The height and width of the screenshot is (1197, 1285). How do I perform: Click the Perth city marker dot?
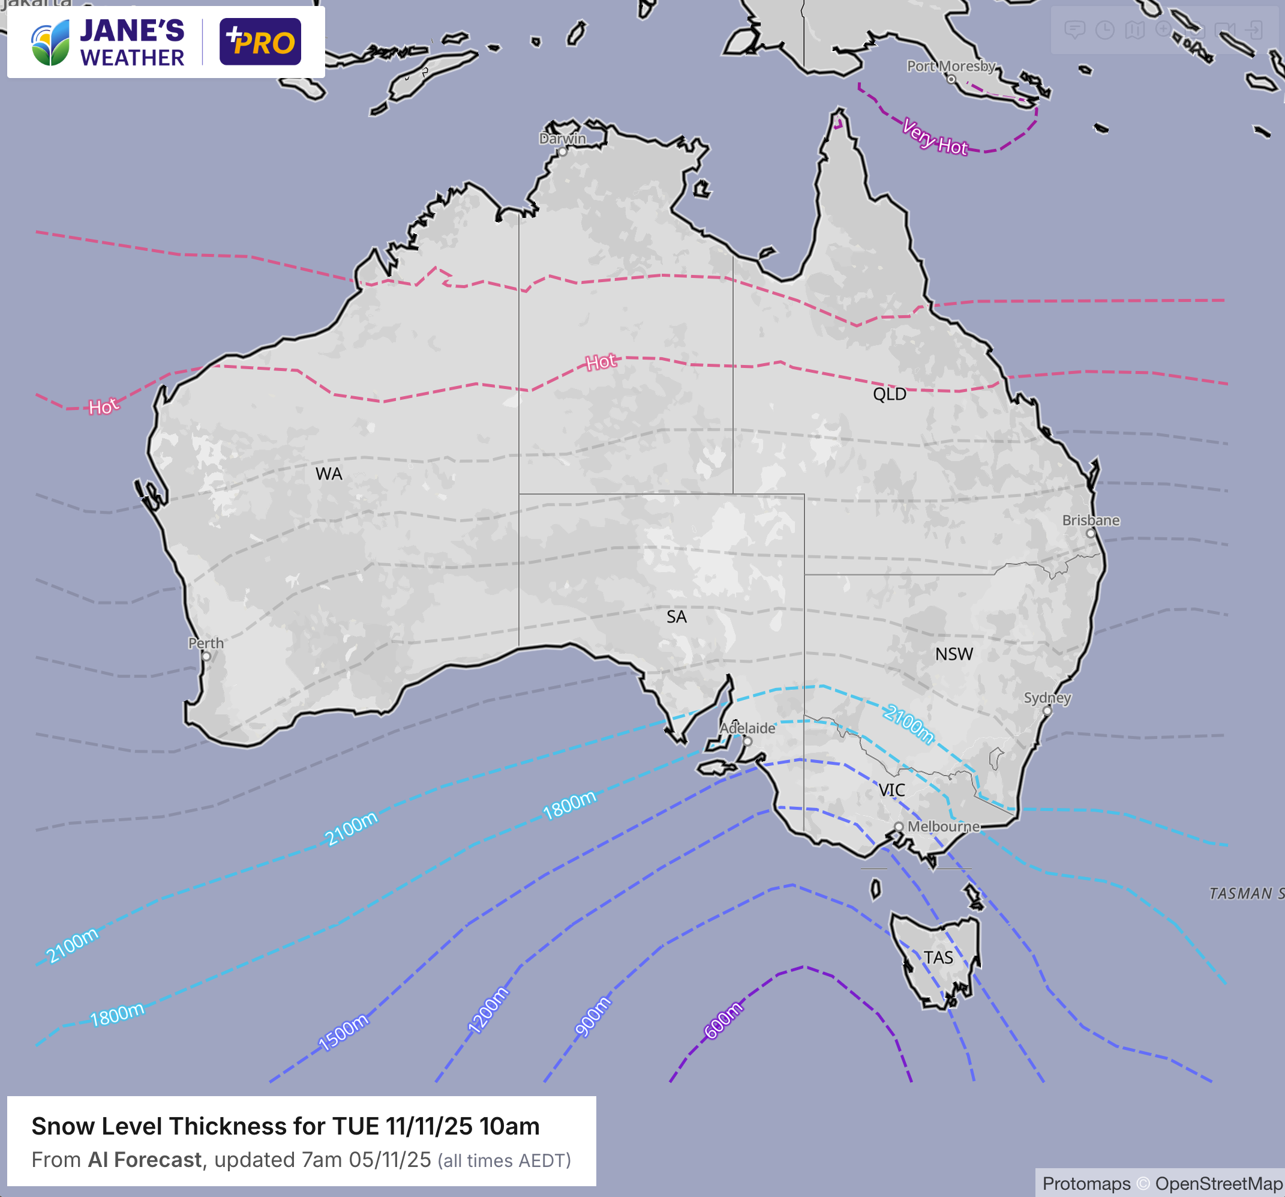pyautogui.click(x=206, y=656)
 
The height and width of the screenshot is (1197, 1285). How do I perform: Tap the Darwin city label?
pyautogui.click(x=562, y=139)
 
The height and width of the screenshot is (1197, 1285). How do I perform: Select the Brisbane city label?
pyautogui.click(x=1091, y=520)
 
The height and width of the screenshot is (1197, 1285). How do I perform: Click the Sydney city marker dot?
pyautogui.click(x=1047, y=711)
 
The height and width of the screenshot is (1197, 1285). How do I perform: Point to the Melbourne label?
pyautogui.click(x=943, y=827)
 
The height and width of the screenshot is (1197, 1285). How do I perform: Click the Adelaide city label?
pyautogui.click(x=747, y=728)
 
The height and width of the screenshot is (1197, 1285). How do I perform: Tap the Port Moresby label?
pyautogui.click(x=950, y=66)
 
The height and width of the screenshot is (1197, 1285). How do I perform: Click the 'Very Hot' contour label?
pyautogui.click(x=935, y=137)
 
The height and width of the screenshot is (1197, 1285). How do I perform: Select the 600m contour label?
pyautogui.click(x=723, y=1021)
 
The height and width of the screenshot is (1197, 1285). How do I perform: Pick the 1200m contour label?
pyautogui.click(x=488, y=1010)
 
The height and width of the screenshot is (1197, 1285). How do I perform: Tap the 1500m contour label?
pyautogui.click(x=343, y=1032)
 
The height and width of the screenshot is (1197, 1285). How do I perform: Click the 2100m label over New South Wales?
pyautogui.click(x=909, y=725)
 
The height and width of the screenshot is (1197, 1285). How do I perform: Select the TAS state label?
pyautogui.click(x=938, y=957)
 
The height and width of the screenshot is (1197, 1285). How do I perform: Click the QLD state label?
pyautogui.click(x=890, y=394)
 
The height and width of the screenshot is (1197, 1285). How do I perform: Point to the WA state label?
pyautogui.click(x=328, y=474)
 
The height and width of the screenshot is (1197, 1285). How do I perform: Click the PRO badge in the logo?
pyautogui.click(x=260, y=42)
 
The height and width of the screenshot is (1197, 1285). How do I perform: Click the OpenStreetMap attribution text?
pyautogui.click(x=1218, y=1183)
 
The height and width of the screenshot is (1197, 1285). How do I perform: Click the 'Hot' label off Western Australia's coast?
pyautogui.click(x=103, y=407)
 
